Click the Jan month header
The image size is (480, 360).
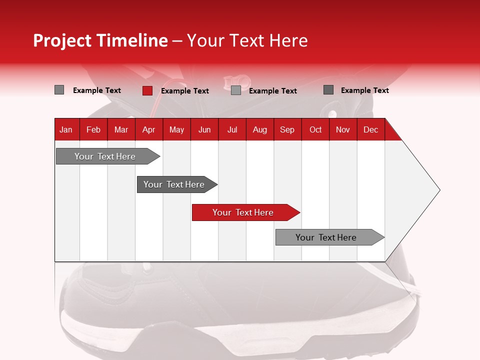(66, 129)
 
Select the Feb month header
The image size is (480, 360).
(93, 129)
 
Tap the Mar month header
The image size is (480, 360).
(121, 129)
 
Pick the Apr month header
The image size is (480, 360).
(149, 129)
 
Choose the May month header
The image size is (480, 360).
(176, 129)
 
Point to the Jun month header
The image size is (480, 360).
(204, 129)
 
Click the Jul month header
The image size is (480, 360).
(232, 129)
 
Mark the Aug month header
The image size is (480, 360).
(260, 129)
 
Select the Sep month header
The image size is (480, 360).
(287, 129)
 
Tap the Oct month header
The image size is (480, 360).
(315, 129)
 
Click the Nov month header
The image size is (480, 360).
(343, 129)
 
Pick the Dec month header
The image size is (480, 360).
(371, 129)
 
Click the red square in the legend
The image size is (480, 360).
(147, 90)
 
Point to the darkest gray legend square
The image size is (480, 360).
(328, 90)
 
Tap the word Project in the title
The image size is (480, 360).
(62, 40)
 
